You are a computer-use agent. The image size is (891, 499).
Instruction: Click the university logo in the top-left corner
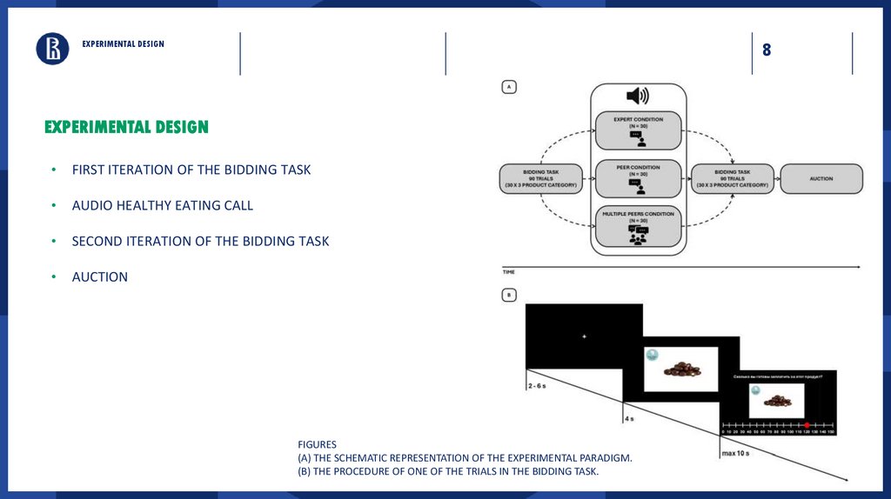pos(52,49)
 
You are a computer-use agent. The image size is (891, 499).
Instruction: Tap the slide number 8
pos(767,50)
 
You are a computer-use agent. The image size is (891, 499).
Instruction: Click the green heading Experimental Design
pos(127,128)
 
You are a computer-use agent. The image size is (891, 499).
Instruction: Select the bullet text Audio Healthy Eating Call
pos(163,206)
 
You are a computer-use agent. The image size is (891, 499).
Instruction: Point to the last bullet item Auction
pos(100,277)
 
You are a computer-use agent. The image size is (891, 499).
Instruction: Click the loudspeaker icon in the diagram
pos(638,96)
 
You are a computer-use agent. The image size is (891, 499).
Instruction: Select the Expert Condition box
pos(638,130)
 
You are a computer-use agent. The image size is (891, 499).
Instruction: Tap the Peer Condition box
pos(638,177)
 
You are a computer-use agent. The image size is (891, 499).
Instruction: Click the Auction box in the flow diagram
pos(821,178)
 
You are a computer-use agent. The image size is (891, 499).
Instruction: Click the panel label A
pos(509,86)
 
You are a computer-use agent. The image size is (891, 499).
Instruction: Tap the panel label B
pos(509,295)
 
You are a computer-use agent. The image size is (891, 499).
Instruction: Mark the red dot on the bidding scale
pos(807,425)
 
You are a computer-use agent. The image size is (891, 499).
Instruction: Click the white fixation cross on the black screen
pos(584,336)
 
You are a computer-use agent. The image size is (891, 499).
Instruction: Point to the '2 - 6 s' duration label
pos(537,385)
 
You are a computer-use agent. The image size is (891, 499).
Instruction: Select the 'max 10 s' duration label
pos(736,453)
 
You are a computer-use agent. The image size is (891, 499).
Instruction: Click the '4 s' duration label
pos(629,419)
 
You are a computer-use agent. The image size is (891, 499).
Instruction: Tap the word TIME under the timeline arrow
pos(509,272)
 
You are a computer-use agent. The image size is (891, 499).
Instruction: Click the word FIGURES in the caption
pos(317,444)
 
